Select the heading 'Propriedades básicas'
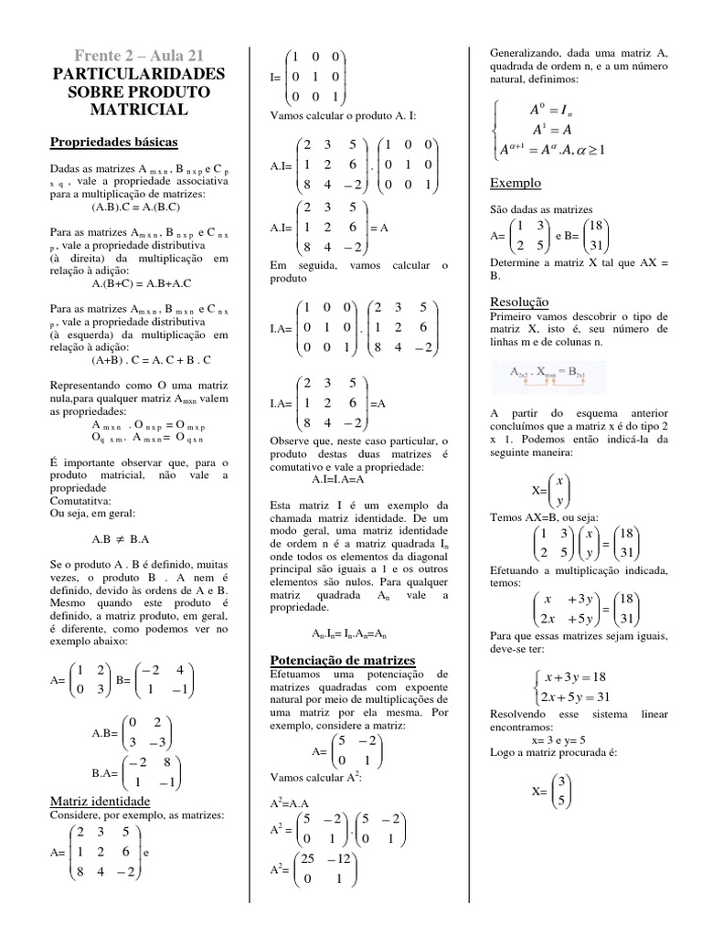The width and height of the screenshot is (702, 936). click(x=113, y=143)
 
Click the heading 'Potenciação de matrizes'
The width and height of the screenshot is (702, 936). click(x=343, y=660)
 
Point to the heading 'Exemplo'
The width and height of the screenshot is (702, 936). click(x=516, y=183)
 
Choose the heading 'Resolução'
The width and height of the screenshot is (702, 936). click(x=519, y=302)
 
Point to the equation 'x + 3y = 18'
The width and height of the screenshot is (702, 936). click(x=575, y=677)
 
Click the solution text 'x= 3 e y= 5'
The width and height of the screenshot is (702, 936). click(x=558, y=740)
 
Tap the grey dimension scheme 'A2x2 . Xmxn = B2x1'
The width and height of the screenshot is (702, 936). click(x=553, y=373)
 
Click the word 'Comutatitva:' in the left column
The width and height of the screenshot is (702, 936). click(x=80, y=501)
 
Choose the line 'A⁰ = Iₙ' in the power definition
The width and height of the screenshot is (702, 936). click(x=550, y=111)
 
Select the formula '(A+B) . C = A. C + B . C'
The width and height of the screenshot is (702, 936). click(x=151, y=359)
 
